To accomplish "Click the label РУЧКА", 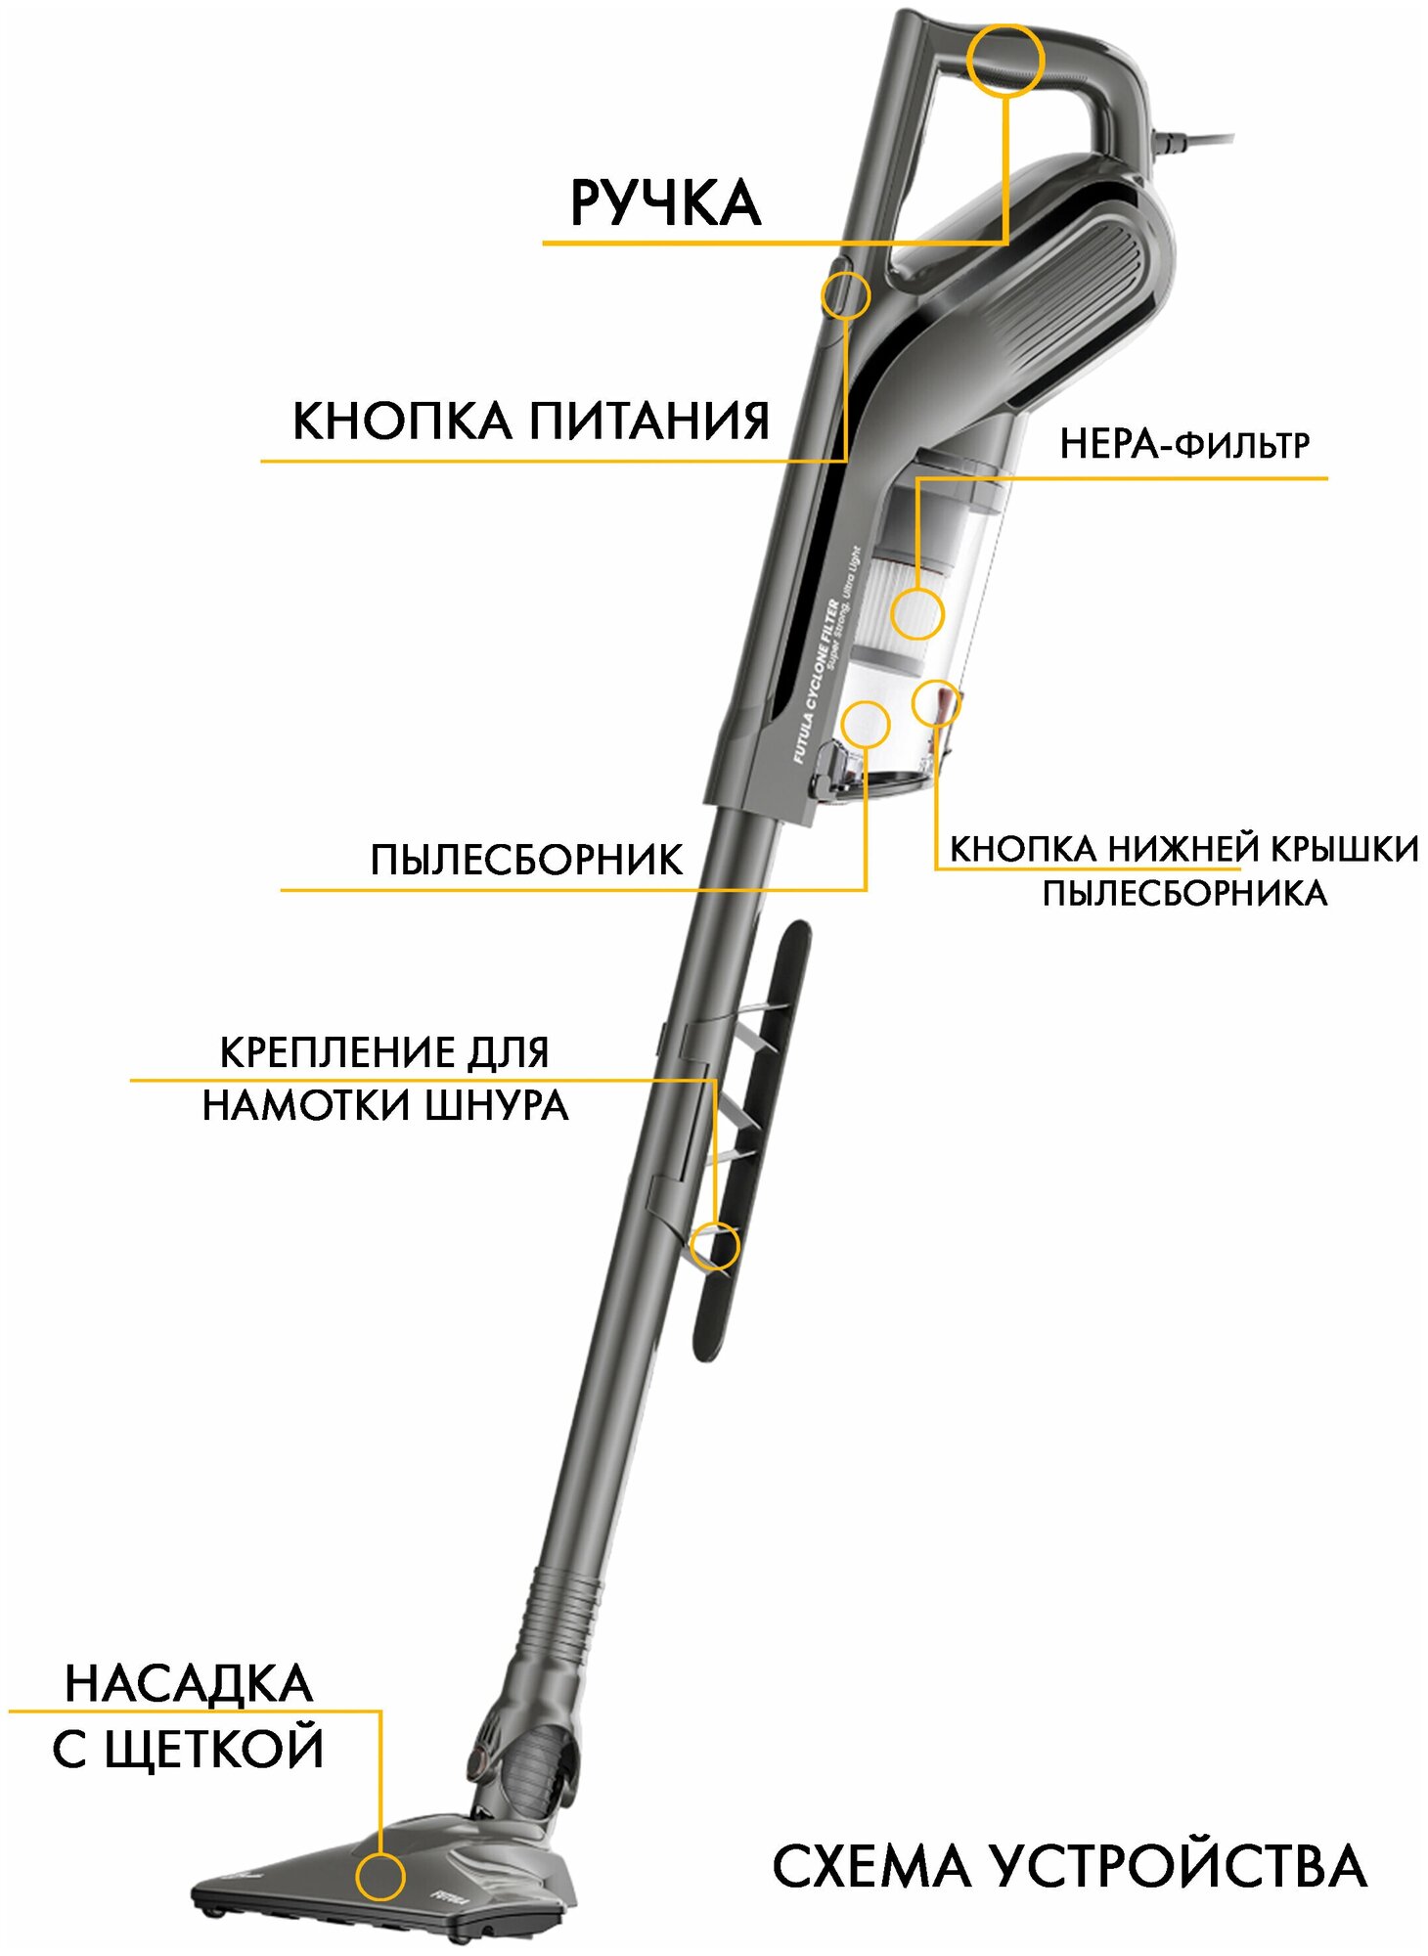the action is [x=665, y=203].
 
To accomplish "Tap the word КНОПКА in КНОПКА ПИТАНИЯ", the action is [x=401, y=422].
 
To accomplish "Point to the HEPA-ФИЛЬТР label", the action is [x=1183, y=445].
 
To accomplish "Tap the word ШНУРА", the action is [x=498, y=1106].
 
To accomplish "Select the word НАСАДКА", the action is [x=189, y=1684].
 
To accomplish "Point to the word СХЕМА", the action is [x=873, y=1866].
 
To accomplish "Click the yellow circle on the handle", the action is [x=1004, y=60].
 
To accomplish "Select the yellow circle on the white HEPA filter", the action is [x=916, y=613].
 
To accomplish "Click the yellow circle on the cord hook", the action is [x=715, y=1246].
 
